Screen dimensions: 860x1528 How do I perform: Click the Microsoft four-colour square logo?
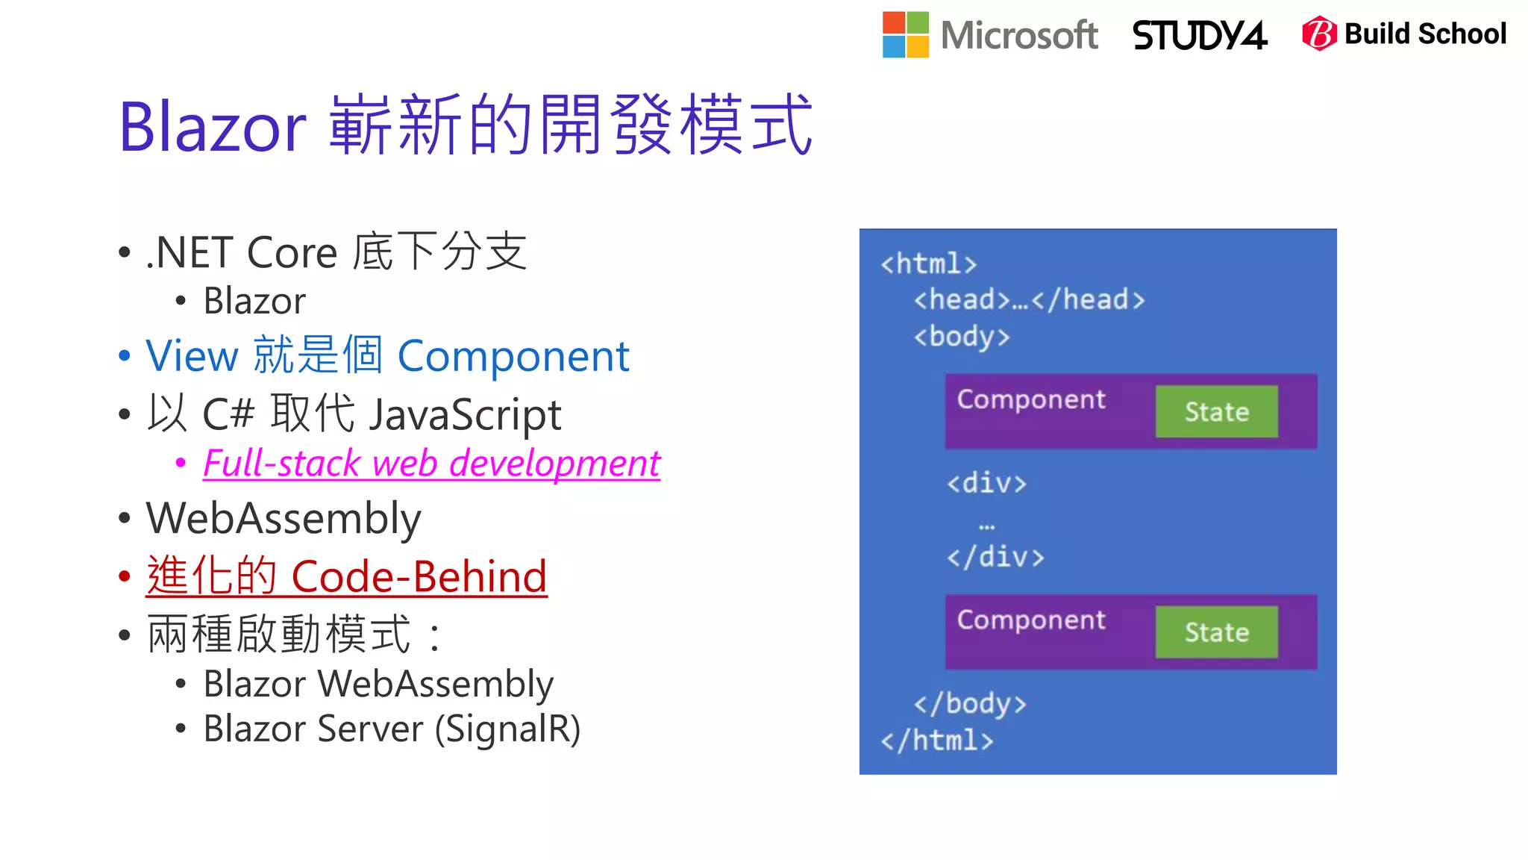pos(905,34)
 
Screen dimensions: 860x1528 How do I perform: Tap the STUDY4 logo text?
pos(1199,35)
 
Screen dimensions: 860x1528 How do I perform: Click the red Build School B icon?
pos(1318,34)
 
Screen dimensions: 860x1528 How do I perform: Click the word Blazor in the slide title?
pos(213,127)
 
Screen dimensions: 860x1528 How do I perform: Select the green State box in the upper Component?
pos(1216,411)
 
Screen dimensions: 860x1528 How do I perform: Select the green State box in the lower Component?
pos(1216,632)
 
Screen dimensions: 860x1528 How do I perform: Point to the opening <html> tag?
pos(928,264)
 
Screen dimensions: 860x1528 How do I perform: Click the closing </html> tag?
pos(936,741)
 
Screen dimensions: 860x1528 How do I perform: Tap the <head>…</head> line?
pos(1029,300)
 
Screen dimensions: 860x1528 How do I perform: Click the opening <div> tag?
pos(986,483)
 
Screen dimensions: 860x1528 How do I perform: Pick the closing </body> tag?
pos(970,703)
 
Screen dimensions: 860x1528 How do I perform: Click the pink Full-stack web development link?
pos(431,464)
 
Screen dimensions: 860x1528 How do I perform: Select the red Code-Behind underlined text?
pos(419,577)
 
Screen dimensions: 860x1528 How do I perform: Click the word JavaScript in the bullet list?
pos(465,415)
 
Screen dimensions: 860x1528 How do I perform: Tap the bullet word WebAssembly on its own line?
pos(284,519)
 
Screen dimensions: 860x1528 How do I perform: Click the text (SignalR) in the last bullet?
pos(507,729)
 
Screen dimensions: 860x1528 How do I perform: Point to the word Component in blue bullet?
pos(513,356)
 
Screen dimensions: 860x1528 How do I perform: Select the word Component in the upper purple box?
pos(1031,399)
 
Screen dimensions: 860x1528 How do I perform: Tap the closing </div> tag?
pos(995,557)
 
